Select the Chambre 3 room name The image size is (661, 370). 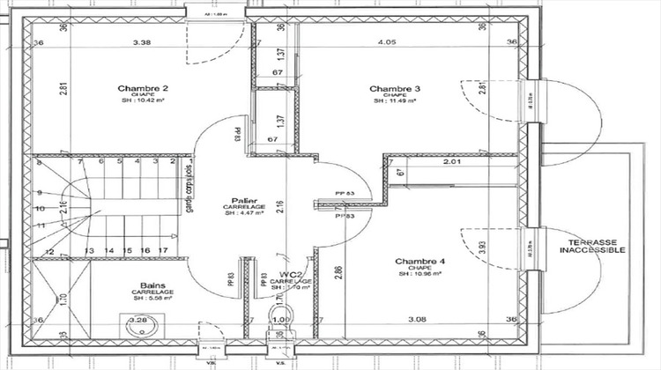tap(394, 88)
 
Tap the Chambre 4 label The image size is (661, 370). tap(420, 262)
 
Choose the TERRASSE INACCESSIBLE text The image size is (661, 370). tap(592, 245)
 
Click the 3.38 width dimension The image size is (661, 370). tap(141, 41)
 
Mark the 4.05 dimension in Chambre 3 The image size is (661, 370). tap(386, 41)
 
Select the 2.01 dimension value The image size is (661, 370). tap(452, 162)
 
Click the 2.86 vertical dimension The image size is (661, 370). tap(338, 271)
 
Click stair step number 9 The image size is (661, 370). tap(41, 193)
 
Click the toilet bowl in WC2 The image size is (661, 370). tap(280, 333)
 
